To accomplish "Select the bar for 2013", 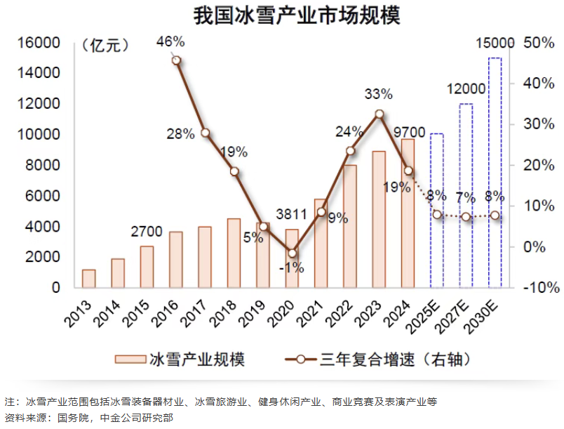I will pos(88,279).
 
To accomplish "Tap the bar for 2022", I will pos(350,226).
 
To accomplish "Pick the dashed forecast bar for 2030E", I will pos(495,172).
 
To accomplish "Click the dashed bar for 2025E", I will pos(437,210).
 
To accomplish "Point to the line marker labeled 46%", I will pos(176,60).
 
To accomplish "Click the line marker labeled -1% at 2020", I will pos(293,253).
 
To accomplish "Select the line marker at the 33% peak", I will pos(379,114).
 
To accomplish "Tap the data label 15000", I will pos(494,44).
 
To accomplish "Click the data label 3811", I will pos(291,215).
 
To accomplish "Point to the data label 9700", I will pos(409,131).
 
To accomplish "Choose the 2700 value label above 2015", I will pos(147,232).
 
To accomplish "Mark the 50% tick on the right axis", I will pos(538,42).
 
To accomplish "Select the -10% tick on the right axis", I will pos(537,287).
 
